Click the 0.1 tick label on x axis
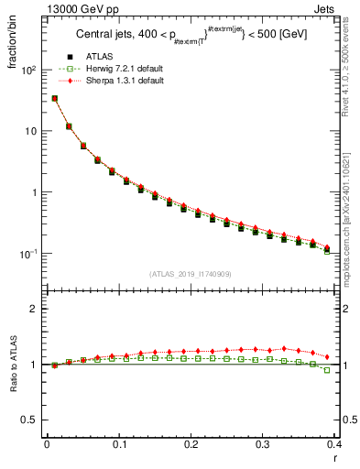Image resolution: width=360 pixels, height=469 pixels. click(119, 444)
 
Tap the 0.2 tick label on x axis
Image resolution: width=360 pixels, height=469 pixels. click(191, 444)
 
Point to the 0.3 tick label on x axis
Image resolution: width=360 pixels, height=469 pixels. click(263, 444)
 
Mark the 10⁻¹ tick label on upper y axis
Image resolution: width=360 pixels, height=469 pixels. click(27, 254)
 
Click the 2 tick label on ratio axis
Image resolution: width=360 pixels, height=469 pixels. click(33, 309)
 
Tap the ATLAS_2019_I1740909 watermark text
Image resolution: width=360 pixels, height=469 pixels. click(191, 274)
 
